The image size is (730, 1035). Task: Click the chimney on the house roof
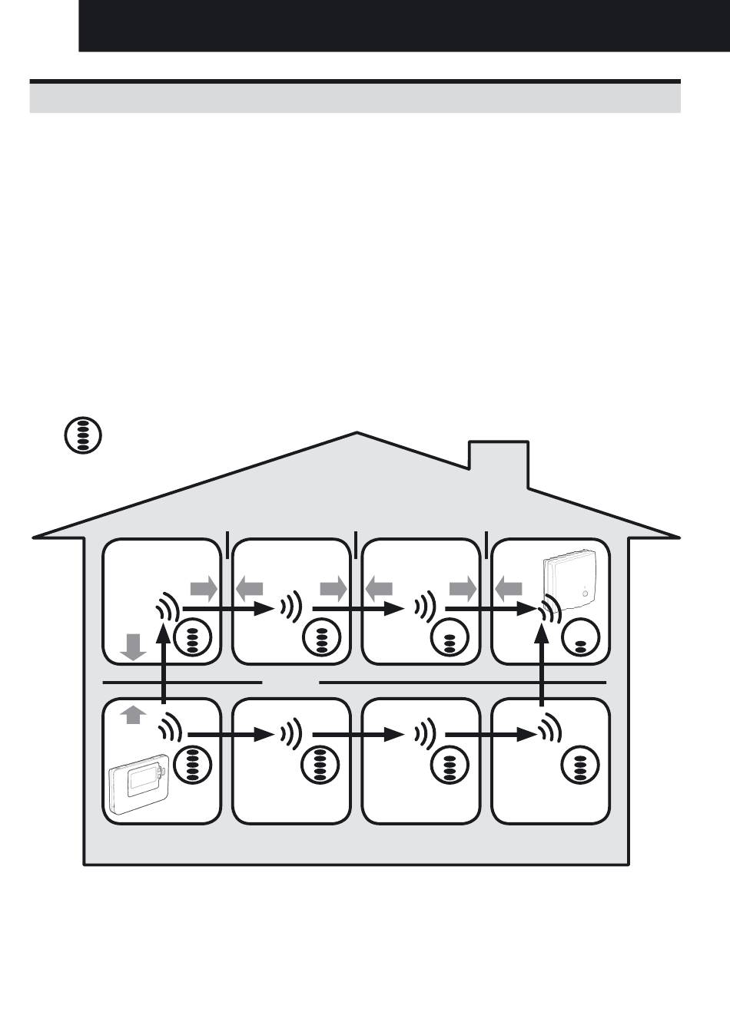point(499,463)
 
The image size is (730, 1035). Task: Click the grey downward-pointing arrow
point(133,646)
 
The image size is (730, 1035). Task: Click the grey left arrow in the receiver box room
point(509,590)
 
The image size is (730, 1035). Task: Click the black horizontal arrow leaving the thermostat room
point(231,735)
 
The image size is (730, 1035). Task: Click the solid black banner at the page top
point(403,25)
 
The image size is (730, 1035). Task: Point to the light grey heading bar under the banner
point(355,98)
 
